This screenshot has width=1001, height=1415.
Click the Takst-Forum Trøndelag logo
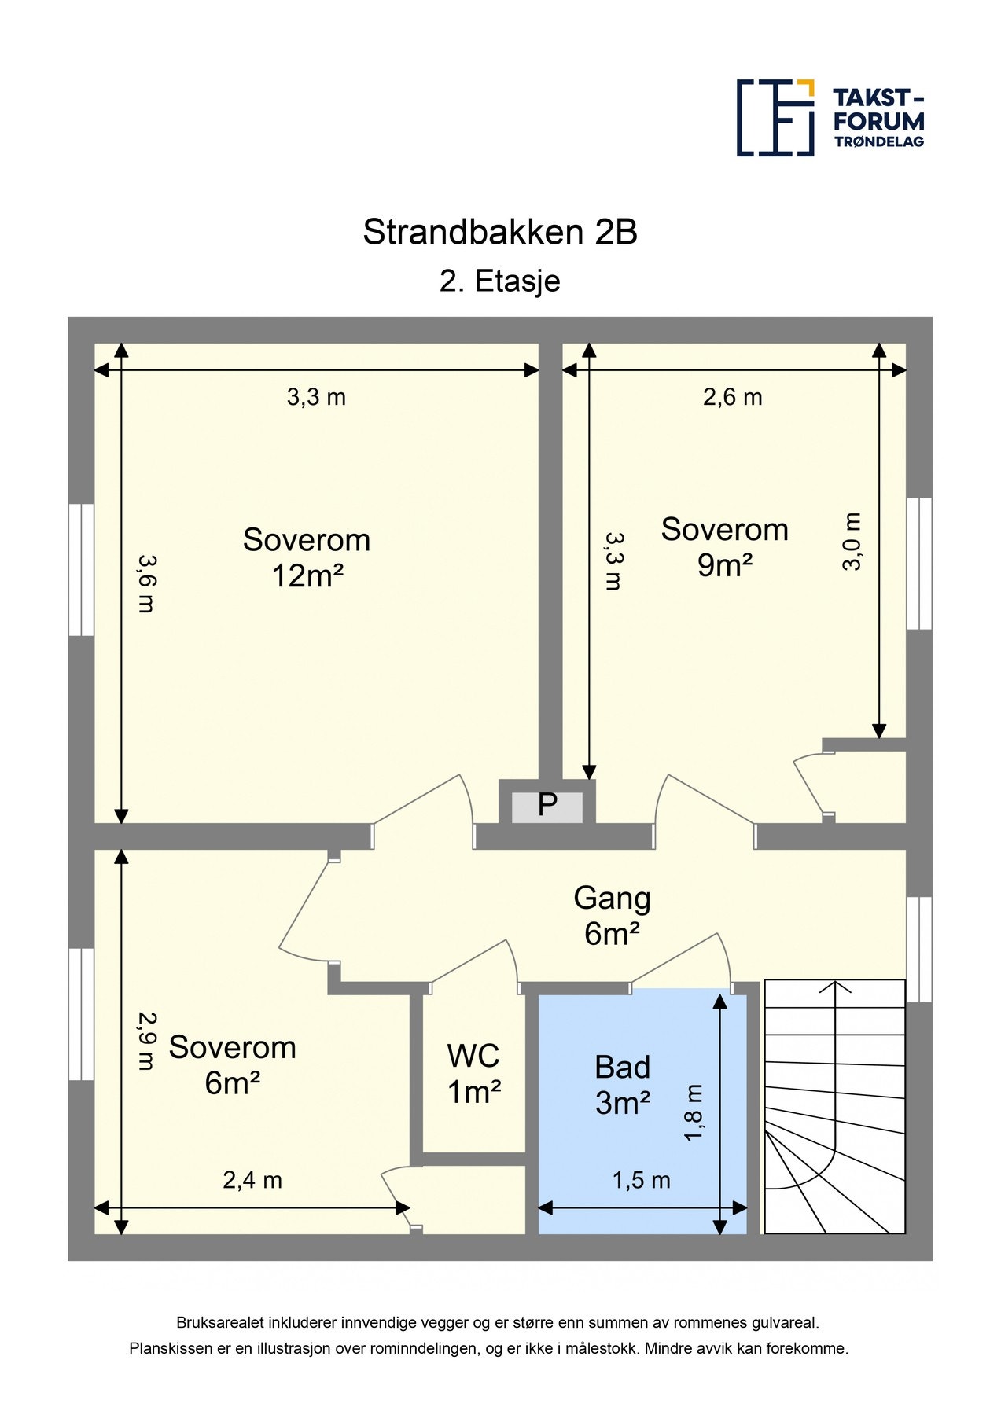(x=830, y=118)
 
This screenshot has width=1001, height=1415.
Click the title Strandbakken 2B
(x=500, y=232)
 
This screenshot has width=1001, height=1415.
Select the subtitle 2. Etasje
(x=500, y=281)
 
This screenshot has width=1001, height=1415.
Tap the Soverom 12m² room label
(x=307, y=557)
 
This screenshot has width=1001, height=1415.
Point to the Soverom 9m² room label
(x=724, y=547)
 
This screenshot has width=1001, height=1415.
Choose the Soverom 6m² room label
(x=233, y=1065)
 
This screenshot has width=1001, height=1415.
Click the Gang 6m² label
(x=612, y=916)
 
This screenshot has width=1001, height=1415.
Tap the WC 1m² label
(x=474, y=1073)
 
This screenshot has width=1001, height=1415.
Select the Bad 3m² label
(x=623, y=1085)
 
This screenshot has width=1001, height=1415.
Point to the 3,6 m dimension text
(x=147, y=583)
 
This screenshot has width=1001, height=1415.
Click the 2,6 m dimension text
(x=733, y=397)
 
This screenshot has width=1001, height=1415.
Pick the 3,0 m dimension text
(x=852, y=542)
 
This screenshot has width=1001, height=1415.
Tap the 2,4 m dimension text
(x=252, y=1180)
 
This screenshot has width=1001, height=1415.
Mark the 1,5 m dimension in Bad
(x=642, y=1180)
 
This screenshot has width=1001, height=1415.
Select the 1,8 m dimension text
(x=693, y=1112)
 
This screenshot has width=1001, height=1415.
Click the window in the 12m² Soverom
(x=81, y=569)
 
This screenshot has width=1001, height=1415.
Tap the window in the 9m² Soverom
(x=919, y=563)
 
